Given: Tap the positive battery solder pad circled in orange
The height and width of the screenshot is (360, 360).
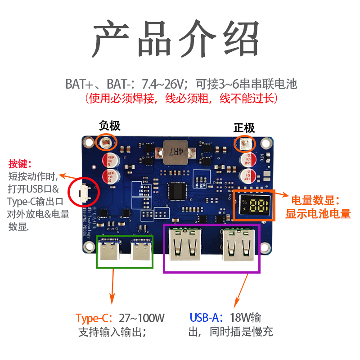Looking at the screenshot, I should (x=245, y=144).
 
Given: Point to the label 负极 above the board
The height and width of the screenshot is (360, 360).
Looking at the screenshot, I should (x=109, y=126).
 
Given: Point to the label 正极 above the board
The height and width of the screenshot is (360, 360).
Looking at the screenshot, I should (x=244, y=128).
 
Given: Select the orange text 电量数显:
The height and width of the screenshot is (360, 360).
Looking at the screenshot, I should (x=315, y=200).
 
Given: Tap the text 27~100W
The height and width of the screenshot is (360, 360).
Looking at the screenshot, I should (x=142, y=318).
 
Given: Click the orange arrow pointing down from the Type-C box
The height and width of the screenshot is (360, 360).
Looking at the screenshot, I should (x=112, y=288).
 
